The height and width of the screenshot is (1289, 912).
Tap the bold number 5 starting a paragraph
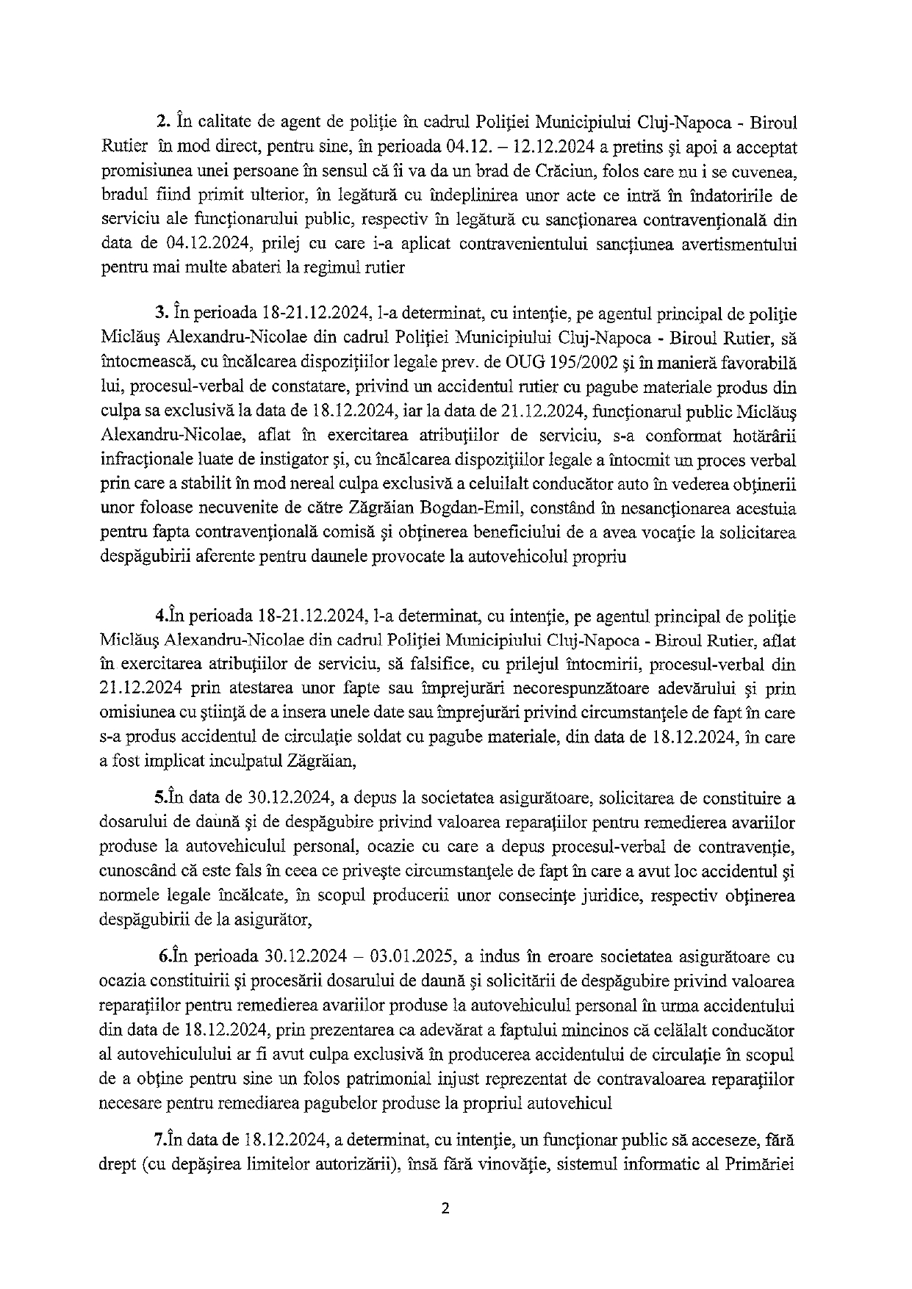pyautogui.click(x=157, y=797)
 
